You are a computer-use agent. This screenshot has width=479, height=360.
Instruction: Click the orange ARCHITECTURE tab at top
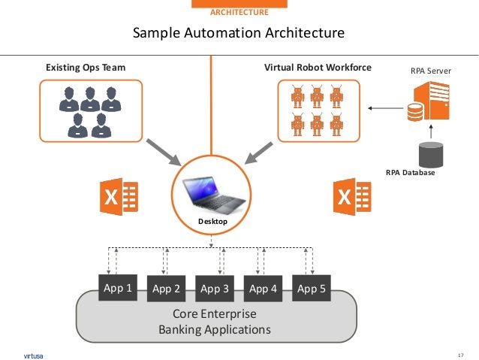238,12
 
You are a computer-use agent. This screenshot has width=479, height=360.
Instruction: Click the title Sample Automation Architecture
239,33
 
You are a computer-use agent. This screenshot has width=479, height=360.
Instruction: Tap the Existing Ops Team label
86,68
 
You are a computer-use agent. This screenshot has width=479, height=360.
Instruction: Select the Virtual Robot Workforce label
318,68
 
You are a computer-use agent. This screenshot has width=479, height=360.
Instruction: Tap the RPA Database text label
410,172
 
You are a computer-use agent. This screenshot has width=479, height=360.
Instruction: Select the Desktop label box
212,222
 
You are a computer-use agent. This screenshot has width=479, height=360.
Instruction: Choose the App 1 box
119,287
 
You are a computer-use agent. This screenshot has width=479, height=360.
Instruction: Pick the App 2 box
166,288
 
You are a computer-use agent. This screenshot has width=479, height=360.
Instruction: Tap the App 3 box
215,288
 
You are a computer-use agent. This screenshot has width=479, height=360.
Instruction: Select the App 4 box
263,288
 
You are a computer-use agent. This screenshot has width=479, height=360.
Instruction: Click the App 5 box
311,287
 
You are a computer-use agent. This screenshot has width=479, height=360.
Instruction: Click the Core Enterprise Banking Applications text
215,321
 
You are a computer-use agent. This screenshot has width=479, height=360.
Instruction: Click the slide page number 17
460,354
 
